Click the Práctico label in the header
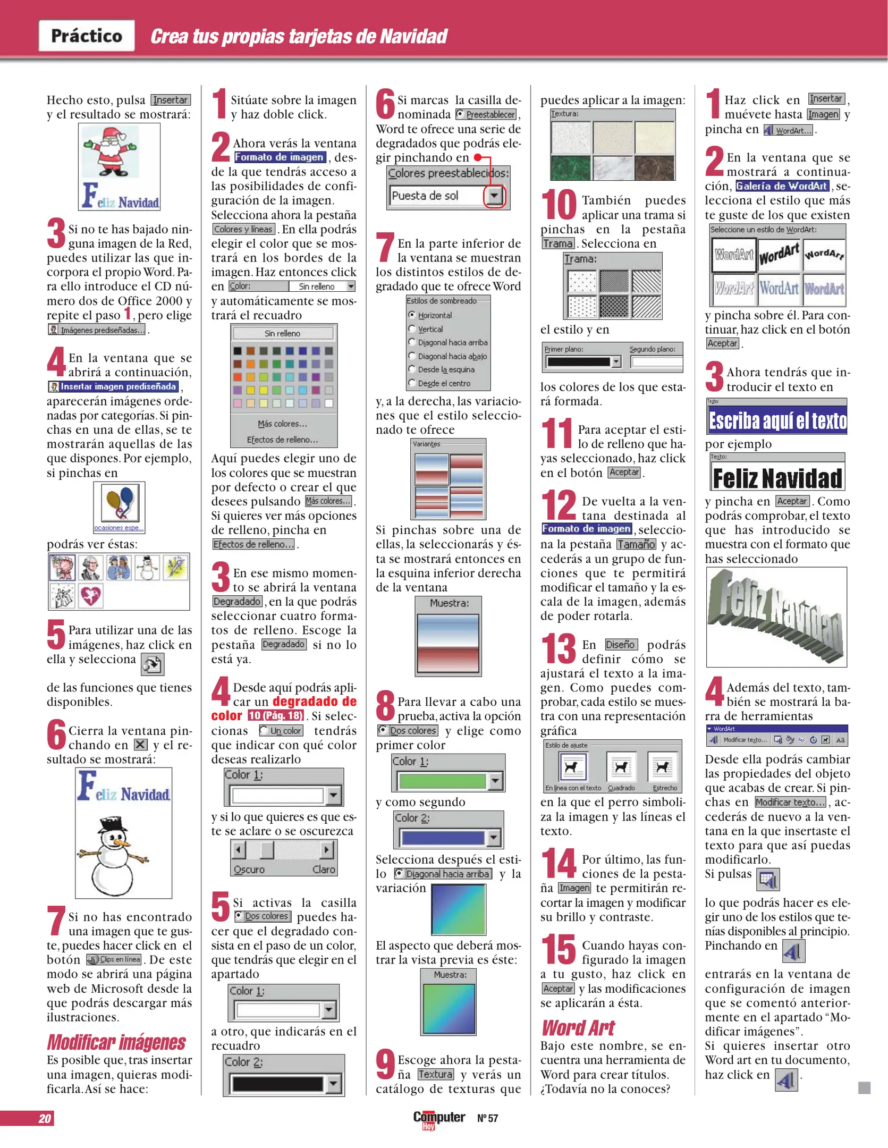click(x=87, y=36)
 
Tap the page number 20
click(x=45, y=1118)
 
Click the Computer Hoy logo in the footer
click(x=438, y=1119)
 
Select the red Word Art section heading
click(x=578, y=1028)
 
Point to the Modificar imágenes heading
click(x=116, y=1042)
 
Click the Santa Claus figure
click(x=111, y=152)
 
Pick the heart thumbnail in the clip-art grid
click(x=90, y=595)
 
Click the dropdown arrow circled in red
click(x=494, y=196)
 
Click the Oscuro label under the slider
click(x=249, y=870)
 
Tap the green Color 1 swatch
click(x=443, y=781)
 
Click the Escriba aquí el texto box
click(x=777, y=421)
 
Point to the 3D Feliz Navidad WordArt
click(x=776, y=616)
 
